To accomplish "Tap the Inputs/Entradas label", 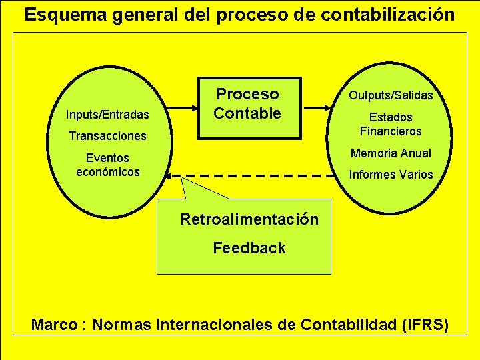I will (x=107, y=115).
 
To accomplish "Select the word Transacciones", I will (x=107, y=136).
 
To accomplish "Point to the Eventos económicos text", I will (x=107, y=165).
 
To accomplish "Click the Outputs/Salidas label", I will (x=391, y=95).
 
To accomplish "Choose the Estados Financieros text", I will (x=391, y=124).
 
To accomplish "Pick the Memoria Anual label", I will (x=391, y=153).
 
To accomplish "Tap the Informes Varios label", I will (x=391, y=175).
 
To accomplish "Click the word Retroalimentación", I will (x=249, y=219).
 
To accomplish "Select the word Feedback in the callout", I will (x=249, y=248).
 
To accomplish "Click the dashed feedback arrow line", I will (x=253, y=176).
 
